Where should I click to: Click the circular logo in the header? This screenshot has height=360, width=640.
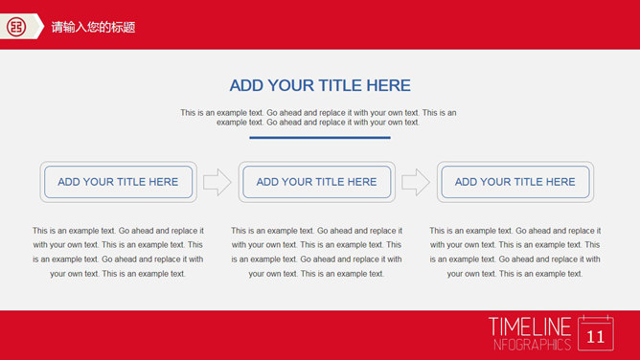pyautogui.click(x=16, y=27)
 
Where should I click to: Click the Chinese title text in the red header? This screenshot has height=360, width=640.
pyautogui.click(x=93, y=28)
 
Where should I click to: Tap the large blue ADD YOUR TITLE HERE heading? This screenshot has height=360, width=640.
pyautogui.click(x=320, y=85)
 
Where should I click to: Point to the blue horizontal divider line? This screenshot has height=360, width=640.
pyautogui.click(x=320, y=138)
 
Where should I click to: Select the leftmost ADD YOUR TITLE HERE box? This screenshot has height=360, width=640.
pyautogui.click(x=119, y=182)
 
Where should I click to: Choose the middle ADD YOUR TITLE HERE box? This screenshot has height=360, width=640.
pyautogui.click(x=317, y=182)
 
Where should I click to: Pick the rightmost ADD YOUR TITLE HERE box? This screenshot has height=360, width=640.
pyautogui.click(x=515, y=182)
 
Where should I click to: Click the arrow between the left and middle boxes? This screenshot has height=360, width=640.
pyautogui.click(x=217, y=182)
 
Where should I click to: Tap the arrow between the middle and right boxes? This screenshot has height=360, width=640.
pyautogui.click(x=416, y=182)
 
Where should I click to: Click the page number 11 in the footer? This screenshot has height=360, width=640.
pyautogui.click(x=596, y=337)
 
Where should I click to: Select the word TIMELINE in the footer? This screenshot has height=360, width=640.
pyautogui.click(x=530, y=327)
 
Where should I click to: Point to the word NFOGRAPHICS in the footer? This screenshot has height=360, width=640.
pyautogui.click(x=532, y=345)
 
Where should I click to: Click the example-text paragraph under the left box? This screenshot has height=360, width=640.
pyautogui.click(x=118, y=252)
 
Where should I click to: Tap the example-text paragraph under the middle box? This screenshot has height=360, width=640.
pyautogui.click(x=317, y=252)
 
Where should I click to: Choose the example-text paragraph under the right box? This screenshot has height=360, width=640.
pyautogui.click(x=515, y=252)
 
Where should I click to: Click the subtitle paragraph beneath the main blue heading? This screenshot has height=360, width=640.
pyautogui.click(x=318, y=118)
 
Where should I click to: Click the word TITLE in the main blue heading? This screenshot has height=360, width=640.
pyautogui.click(x=340, y=85)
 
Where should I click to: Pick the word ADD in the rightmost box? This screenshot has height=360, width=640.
pyautogui.click(x=466, y=182)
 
